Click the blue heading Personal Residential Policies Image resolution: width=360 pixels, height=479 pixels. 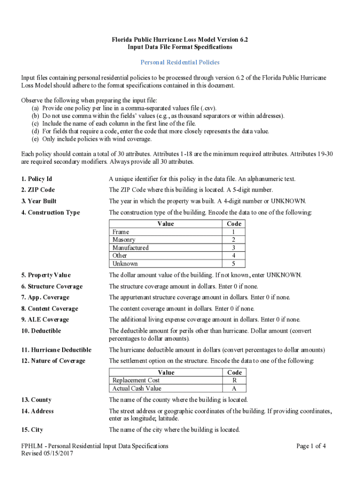click(x=180, y=62)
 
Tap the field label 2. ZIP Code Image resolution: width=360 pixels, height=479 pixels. click(x=38, y=190)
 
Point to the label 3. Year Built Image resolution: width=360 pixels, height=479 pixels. click(x=39, y=201)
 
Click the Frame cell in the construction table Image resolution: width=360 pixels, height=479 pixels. click(x=121, y=232)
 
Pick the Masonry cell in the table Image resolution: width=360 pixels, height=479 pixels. click(x=124, y=240)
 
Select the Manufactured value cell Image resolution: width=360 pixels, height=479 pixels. click(x=130, y=248)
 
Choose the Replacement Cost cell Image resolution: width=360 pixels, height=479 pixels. click(x=136, y=381)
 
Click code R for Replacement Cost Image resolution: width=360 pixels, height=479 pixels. click(x=234, y=381)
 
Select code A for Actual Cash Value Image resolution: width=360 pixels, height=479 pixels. click(x=234, y=389)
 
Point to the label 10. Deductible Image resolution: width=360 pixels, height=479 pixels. click(x=41, y=331)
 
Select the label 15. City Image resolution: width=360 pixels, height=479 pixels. click(x=32, y=429)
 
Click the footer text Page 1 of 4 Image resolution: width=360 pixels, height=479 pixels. click(x=311, y=446)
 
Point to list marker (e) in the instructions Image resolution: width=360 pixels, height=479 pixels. click(x=35, y=139)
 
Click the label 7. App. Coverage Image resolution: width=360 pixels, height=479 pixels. click(x=45, y=298)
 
